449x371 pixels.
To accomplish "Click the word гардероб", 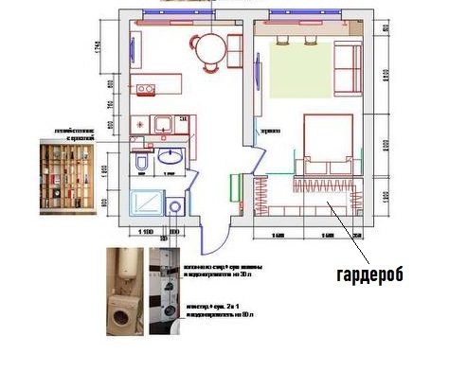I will [369, 274].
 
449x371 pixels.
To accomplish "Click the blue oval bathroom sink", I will [171, 157].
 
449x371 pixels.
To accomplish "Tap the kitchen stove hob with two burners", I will [146, 90].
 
